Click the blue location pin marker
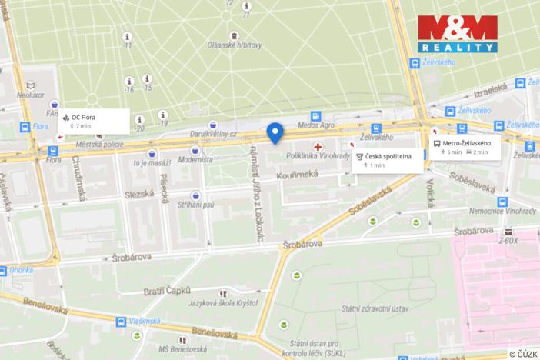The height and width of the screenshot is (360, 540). [274, 132]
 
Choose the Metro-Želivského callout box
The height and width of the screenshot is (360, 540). [465, 147]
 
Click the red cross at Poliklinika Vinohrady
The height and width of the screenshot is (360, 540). [317, 146]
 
